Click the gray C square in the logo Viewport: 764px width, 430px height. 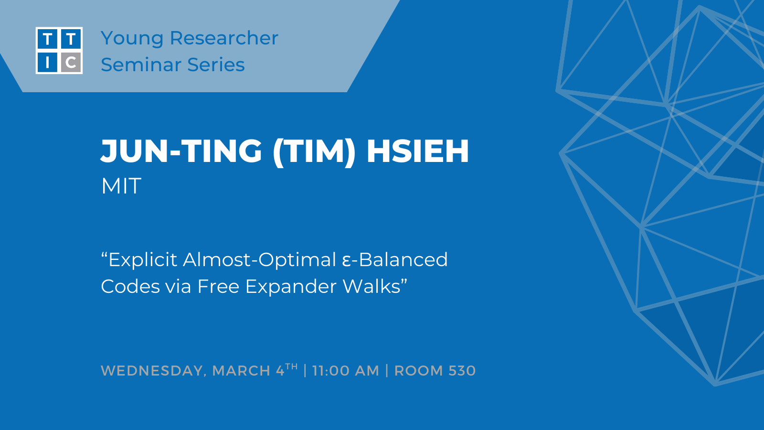pos(71,62)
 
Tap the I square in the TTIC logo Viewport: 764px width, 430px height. pos(47,62)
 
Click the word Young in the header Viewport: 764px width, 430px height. pos(132,39)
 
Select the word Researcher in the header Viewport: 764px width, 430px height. pos(224,38)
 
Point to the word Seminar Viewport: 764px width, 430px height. pos(141,64)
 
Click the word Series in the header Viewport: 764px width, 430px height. pos(216,64)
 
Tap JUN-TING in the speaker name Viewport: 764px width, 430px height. pos(181,151)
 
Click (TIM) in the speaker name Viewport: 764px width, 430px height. pos(314,151)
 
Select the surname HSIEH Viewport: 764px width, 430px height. pos(418,151)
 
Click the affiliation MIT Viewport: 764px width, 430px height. pos(121,186)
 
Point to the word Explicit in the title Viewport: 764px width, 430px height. pos(144,260)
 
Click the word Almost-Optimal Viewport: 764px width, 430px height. pos(260,260)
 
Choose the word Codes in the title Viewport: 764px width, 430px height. pos(130,286)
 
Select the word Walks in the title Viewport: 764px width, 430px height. pos(371,286)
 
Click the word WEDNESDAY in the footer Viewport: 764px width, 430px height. pos(152,371)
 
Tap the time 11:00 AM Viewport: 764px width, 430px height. pos(346,371)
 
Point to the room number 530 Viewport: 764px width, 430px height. pos(462,371)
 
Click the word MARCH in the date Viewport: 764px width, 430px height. pos(242,371)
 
